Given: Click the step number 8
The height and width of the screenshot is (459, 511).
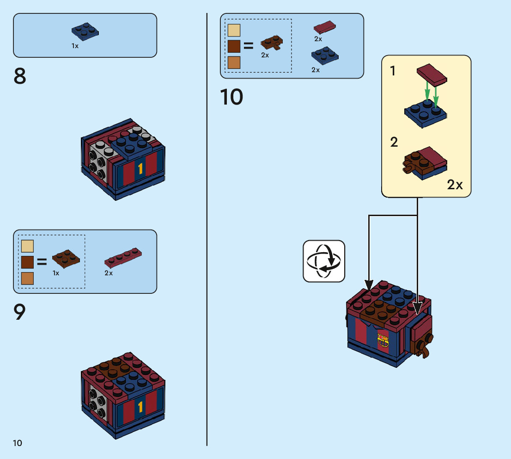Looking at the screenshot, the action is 20,76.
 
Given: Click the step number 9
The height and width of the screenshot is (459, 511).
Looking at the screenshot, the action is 19,312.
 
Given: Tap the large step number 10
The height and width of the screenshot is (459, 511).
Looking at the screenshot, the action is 231,97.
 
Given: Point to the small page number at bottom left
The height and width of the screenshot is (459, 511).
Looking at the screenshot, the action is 18,443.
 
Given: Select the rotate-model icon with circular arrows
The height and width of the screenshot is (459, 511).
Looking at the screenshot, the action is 324,261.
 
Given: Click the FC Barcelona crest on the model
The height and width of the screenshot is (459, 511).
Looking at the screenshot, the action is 383,340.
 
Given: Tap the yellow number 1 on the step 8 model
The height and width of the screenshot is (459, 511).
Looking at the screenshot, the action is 140,169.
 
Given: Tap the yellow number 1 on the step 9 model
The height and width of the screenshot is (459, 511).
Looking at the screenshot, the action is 140,407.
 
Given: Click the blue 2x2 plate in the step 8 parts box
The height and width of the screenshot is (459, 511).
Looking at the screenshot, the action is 85,31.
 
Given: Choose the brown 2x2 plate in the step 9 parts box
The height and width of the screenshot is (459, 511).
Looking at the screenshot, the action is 66,259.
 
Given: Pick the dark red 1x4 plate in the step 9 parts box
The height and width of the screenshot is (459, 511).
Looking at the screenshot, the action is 123,258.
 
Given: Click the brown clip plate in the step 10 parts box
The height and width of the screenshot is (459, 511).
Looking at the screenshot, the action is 272,43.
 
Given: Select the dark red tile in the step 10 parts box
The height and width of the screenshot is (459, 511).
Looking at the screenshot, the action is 325,27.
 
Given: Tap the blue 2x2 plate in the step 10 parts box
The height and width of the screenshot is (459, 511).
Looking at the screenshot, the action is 325,56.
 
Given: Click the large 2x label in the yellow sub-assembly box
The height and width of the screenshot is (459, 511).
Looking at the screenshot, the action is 455,185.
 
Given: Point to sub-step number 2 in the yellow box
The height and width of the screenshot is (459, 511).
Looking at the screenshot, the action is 394,142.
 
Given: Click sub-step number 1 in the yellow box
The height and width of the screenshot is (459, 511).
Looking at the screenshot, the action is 393,71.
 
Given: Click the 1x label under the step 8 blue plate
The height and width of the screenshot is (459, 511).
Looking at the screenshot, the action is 75,46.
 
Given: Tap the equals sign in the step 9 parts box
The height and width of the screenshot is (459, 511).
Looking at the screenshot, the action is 42,262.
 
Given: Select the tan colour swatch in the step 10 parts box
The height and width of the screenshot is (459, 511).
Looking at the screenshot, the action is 234,31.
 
